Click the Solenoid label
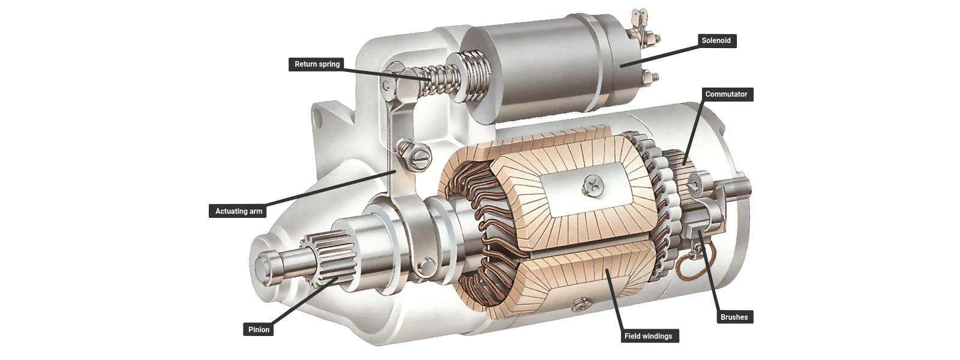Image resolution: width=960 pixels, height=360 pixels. point(716,41)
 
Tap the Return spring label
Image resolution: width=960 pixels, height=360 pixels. point(317,64)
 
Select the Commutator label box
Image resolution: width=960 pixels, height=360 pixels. point(726,94)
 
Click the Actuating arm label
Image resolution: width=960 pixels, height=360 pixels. point(239,211)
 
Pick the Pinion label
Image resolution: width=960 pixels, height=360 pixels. point(259,329)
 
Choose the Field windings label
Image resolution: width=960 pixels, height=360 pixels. point(648,336)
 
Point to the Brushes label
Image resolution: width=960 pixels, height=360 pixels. point(734,317)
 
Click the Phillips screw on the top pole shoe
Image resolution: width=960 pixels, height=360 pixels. point(591,187)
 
